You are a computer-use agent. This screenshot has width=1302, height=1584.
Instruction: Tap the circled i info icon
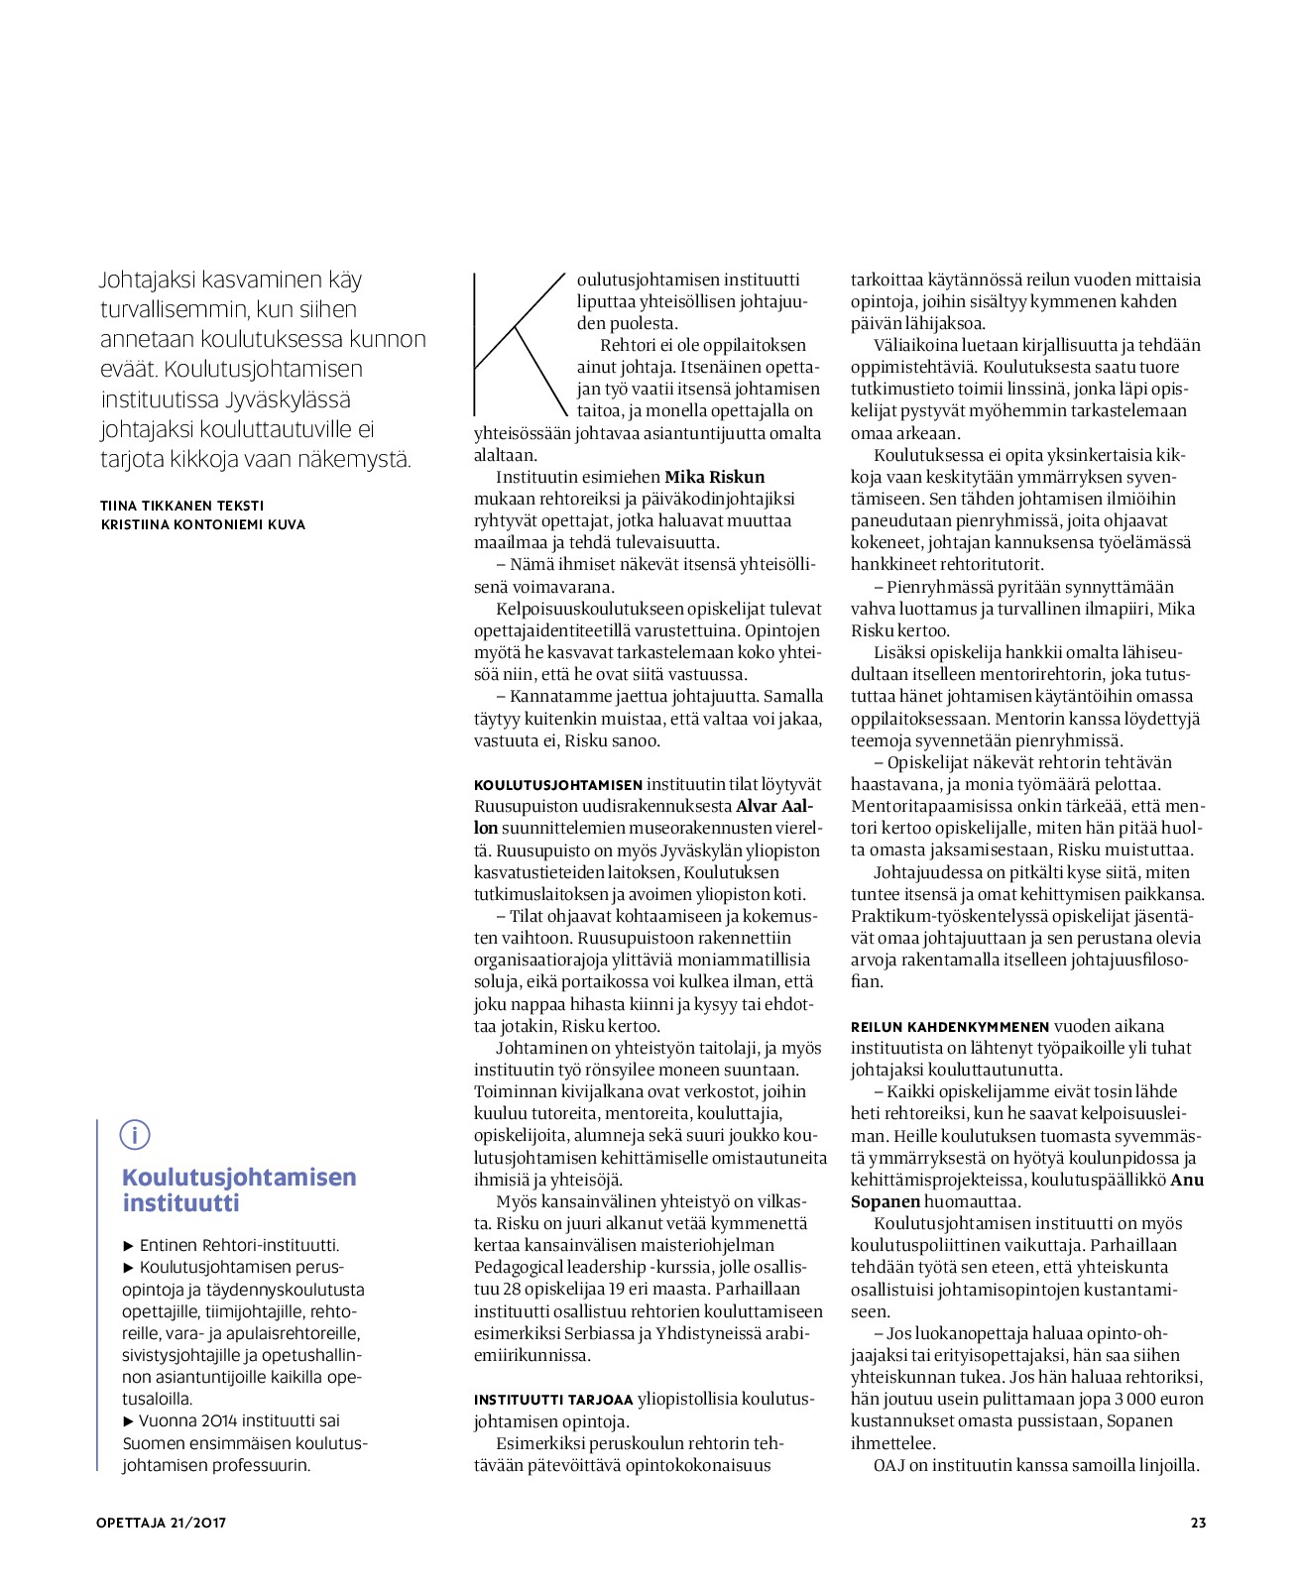[x=135, y=1134]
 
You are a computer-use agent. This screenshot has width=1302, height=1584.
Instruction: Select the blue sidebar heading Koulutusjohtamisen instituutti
[x=239, y=1189]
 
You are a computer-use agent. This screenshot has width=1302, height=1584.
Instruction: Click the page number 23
[x=1198, y=1523]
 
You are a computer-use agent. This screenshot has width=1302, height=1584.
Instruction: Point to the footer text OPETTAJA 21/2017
[x=162, y=1523]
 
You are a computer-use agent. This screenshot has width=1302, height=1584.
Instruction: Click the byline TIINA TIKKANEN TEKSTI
[x=182, y=506]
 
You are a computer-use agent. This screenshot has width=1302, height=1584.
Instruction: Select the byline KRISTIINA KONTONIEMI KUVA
[x=203, y=524]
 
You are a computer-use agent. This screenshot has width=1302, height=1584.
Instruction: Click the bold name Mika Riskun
[x=714, y=477]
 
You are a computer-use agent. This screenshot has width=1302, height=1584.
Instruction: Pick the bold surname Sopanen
[x=886, y=1201]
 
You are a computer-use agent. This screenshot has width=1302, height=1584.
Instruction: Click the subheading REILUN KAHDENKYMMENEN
[x=950, y=1027]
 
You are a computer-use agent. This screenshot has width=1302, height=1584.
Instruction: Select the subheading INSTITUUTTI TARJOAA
[x=553, y=1400]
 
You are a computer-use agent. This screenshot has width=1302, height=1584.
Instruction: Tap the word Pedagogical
[x=523, y=1267]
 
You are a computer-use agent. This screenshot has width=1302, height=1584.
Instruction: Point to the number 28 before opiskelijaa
[x=513, y=1289]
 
